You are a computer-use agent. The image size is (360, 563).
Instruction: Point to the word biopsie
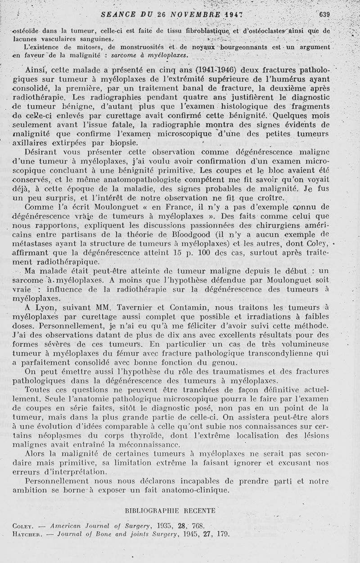coord(119,143)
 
